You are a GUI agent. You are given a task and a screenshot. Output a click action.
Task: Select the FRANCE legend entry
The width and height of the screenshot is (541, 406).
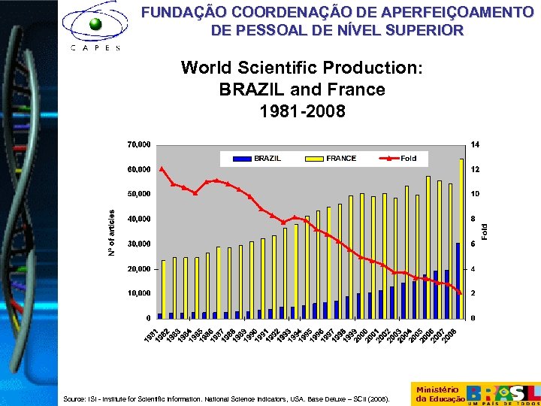(x=331, y=158)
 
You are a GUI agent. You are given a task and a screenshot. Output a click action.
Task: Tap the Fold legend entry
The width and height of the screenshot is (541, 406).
(x=398, y=158)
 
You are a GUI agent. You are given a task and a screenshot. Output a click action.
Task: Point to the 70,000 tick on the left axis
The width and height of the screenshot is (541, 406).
(x=138, y=144)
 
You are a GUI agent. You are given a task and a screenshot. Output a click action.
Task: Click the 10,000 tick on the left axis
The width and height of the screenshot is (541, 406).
(x=138, y=293)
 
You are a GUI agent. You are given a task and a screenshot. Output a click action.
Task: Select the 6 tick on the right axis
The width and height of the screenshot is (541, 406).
(x=473, y=244)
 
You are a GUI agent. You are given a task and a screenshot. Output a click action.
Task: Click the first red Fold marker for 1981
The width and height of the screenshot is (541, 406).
(x=162, y=168)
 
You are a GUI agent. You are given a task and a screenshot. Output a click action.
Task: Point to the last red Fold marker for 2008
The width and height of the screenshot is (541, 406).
(x=460, y=292)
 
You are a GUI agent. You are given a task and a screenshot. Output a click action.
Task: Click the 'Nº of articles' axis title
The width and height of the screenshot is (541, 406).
(x=113, y=231)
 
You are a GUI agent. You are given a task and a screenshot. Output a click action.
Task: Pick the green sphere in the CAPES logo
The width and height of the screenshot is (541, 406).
(x=95, y=24)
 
